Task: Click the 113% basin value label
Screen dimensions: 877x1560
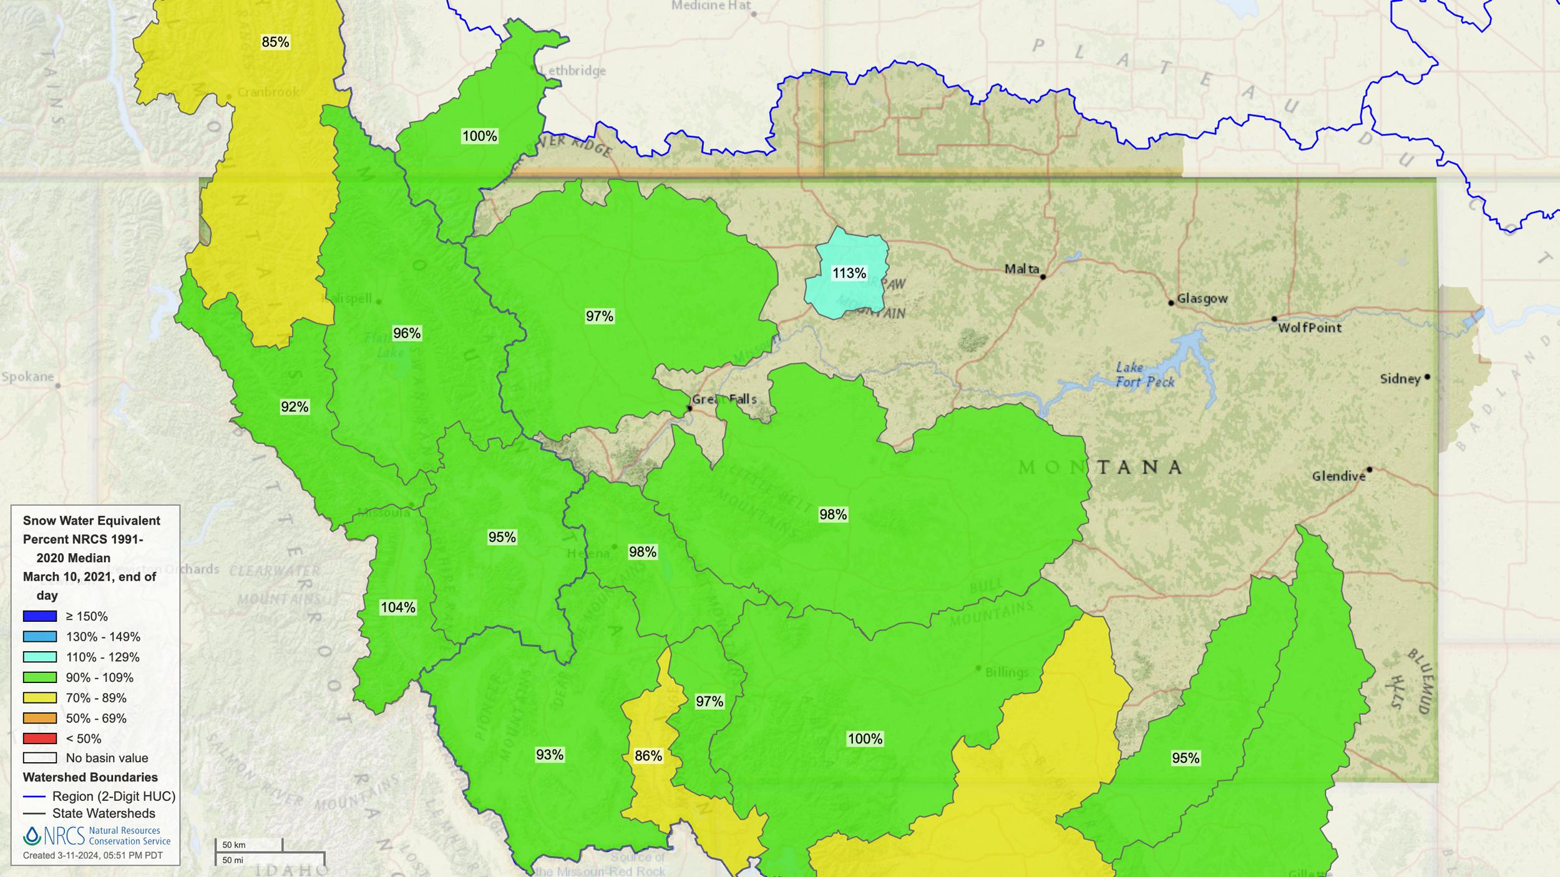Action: [x=849, y=273]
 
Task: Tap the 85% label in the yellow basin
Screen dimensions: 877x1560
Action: [x=275, y=42]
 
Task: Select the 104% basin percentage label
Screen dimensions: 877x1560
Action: [x=397, y=607]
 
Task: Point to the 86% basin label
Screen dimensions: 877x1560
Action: [x=648, y=756]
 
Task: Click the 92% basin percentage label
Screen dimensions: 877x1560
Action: [x=295, y=407]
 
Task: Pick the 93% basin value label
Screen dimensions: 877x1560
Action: [x=549, y=755]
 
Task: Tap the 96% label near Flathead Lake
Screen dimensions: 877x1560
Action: [x=406, y=333]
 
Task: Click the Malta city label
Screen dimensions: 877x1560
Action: [x=1021, y=269]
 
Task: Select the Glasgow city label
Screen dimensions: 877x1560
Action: [x=1202, y=298]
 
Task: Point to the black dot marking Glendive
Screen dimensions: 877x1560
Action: [x=1370, y=469]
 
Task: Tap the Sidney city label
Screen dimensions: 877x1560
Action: [x=1400, y=379]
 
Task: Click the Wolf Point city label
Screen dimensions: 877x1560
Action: [x=1309, y=327]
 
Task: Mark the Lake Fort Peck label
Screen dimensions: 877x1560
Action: [x=1144, y=374]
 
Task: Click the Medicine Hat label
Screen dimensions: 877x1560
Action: [x=711, y=6]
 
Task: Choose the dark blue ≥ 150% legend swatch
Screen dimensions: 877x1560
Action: [x=40, y=616]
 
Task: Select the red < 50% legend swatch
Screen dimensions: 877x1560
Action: [x=40, y=739]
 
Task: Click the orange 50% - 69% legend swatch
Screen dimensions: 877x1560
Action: [x=40, y=718]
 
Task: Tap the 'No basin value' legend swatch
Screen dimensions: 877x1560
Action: [x=40, y=758]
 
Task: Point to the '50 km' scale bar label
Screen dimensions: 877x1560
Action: [x=234, y=845]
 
